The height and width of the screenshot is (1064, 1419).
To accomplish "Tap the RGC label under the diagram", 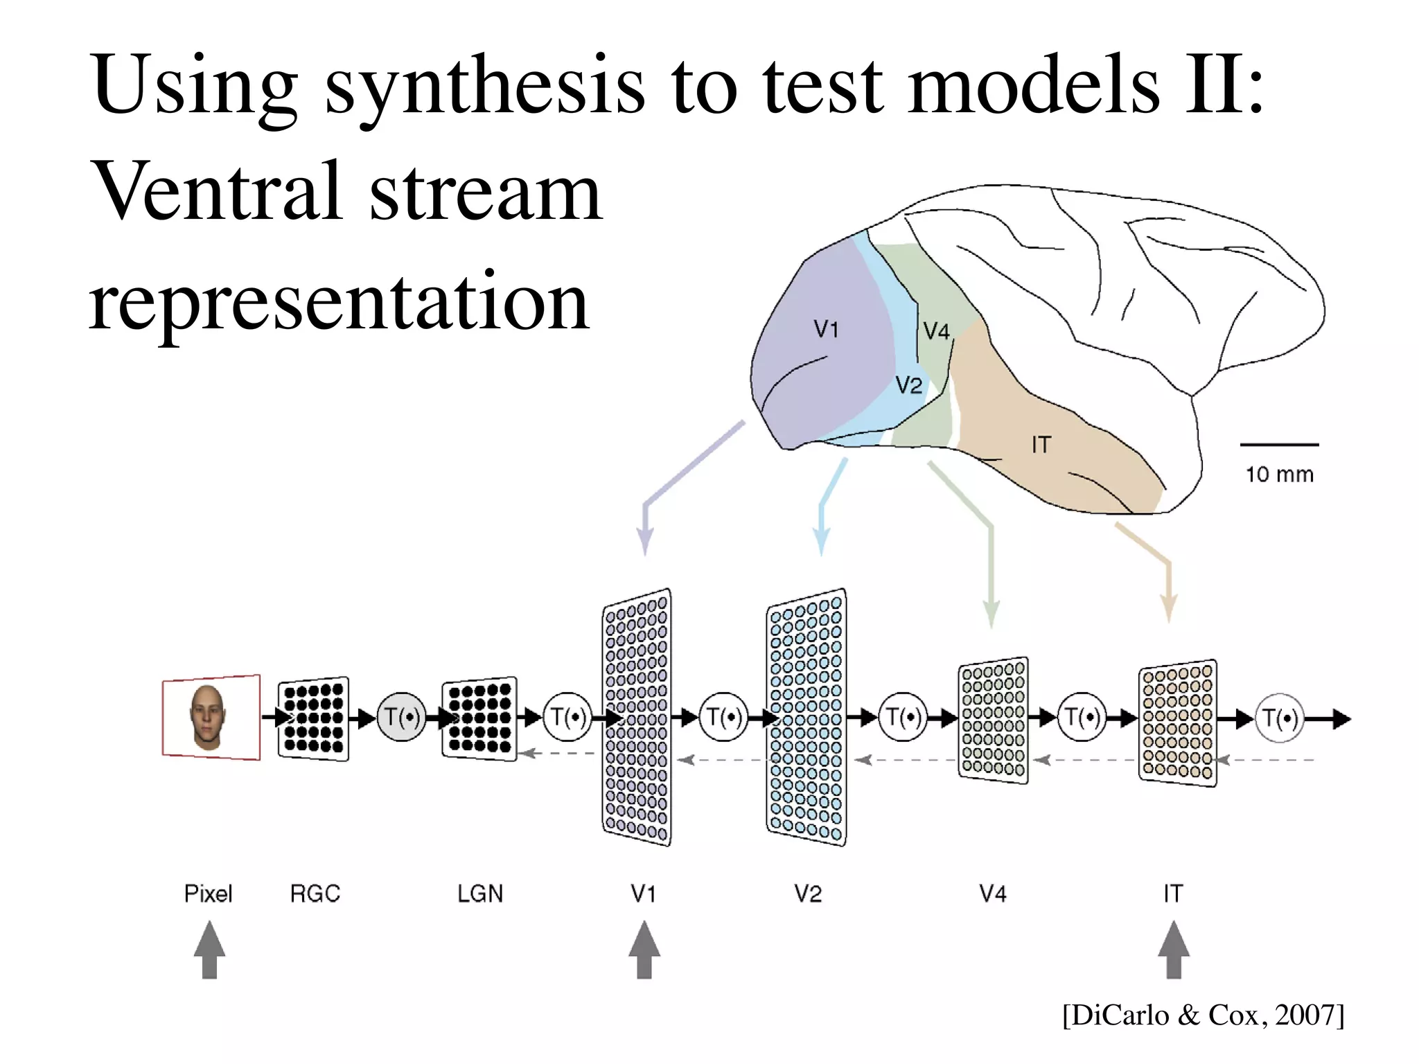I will (x=315, y=894).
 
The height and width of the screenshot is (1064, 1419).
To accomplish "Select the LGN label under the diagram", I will (x=480, y=894).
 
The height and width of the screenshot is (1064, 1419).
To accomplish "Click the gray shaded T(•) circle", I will (x=401, y=718).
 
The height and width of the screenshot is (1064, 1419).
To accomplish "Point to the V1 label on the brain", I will (x=826, y=328).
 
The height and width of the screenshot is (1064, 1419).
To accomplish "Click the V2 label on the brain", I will (x=908, y=384).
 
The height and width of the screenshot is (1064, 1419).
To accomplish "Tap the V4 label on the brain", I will (x=936, y=331).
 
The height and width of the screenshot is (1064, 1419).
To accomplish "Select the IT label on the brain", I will (x=1041, y=445).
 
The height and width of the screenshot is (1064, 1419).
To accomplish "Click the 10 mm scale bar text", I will (x=1279, y=475).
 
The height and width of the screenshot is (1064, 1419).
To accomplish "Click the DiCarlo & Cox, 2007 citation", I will (x=1203, y=1015).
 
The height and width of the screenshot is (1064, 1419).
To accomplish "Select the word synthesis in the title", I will (x=484, y=87).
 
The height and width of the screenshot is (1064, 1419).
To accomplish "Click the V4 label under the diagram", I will (x=992, y=894).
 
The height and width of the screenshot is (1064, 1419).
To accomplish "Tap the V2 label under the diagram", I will (x=808, y=894).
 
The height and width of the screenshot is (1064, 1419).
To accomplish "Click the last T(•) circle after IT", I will (x=1280, y=718).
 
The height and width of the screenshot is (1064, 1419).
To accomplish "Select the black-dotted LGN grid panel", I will (x=479, y=718).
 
